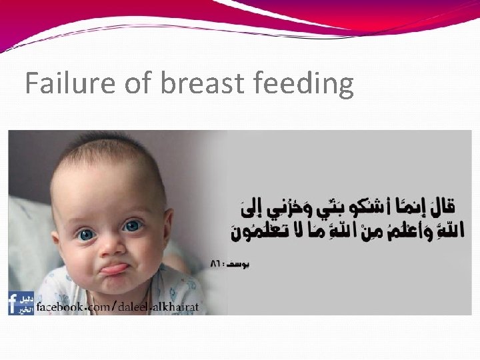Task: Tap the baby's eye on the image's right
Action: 133,227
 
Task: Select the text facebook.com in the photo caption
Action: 73,307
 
